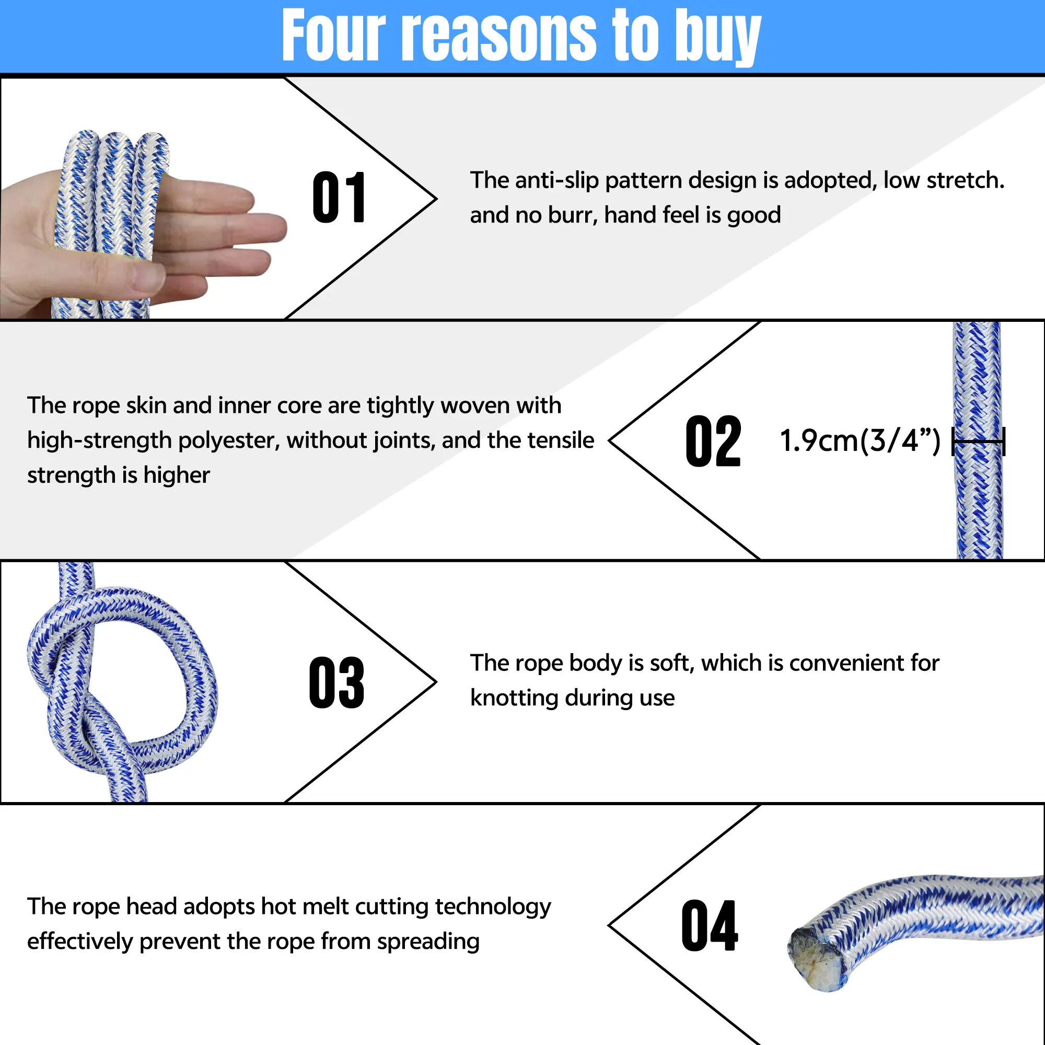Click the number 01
pos(339,198)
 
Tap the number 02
pos(713,442)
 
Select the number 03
pos(336,682)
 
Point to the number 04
pos(710,925)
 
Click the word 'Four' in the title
pos(334,35)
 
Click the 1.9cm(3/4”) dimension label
pos(860,440)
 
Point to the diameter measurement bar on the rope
pos(978,442)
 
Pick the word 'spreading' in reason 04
pos(428,942)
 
